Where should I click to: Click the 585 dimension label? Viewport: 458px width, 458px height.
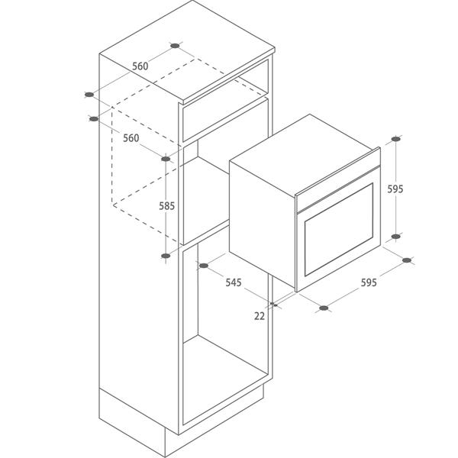166,206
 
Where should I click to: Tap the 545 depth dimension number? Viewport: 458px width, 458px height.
234,282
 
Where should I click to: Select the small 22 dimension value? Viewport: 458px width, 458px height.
260,316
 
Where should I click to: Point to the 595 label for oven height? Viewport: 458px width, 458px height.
395,189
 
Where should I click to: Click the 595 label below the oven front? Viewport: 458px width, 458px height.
369,282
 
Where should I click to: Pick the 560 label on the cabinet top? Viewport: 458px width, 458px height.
140,66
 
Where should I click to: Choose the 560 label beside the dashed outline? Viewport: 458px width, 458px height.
131,138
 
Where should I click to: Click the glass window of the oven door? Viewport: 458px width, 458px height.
339,230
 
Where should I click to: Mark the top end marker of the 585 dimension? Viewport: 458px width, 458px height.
166,159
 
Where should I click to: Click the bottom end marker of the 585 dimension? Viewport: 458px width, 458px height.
166,256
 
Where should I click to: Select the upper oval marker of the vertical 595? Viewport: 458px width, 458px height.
395,139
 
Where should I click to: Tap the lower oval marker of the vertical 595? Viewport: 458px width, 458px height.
395,237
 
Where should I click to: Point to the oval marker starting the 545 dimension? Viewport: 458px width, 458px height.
204,266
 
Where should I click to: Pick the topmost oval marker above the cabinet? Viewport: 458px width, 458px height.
175,46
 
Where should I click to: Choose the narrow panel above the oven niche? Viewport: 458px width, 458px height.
225,120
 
